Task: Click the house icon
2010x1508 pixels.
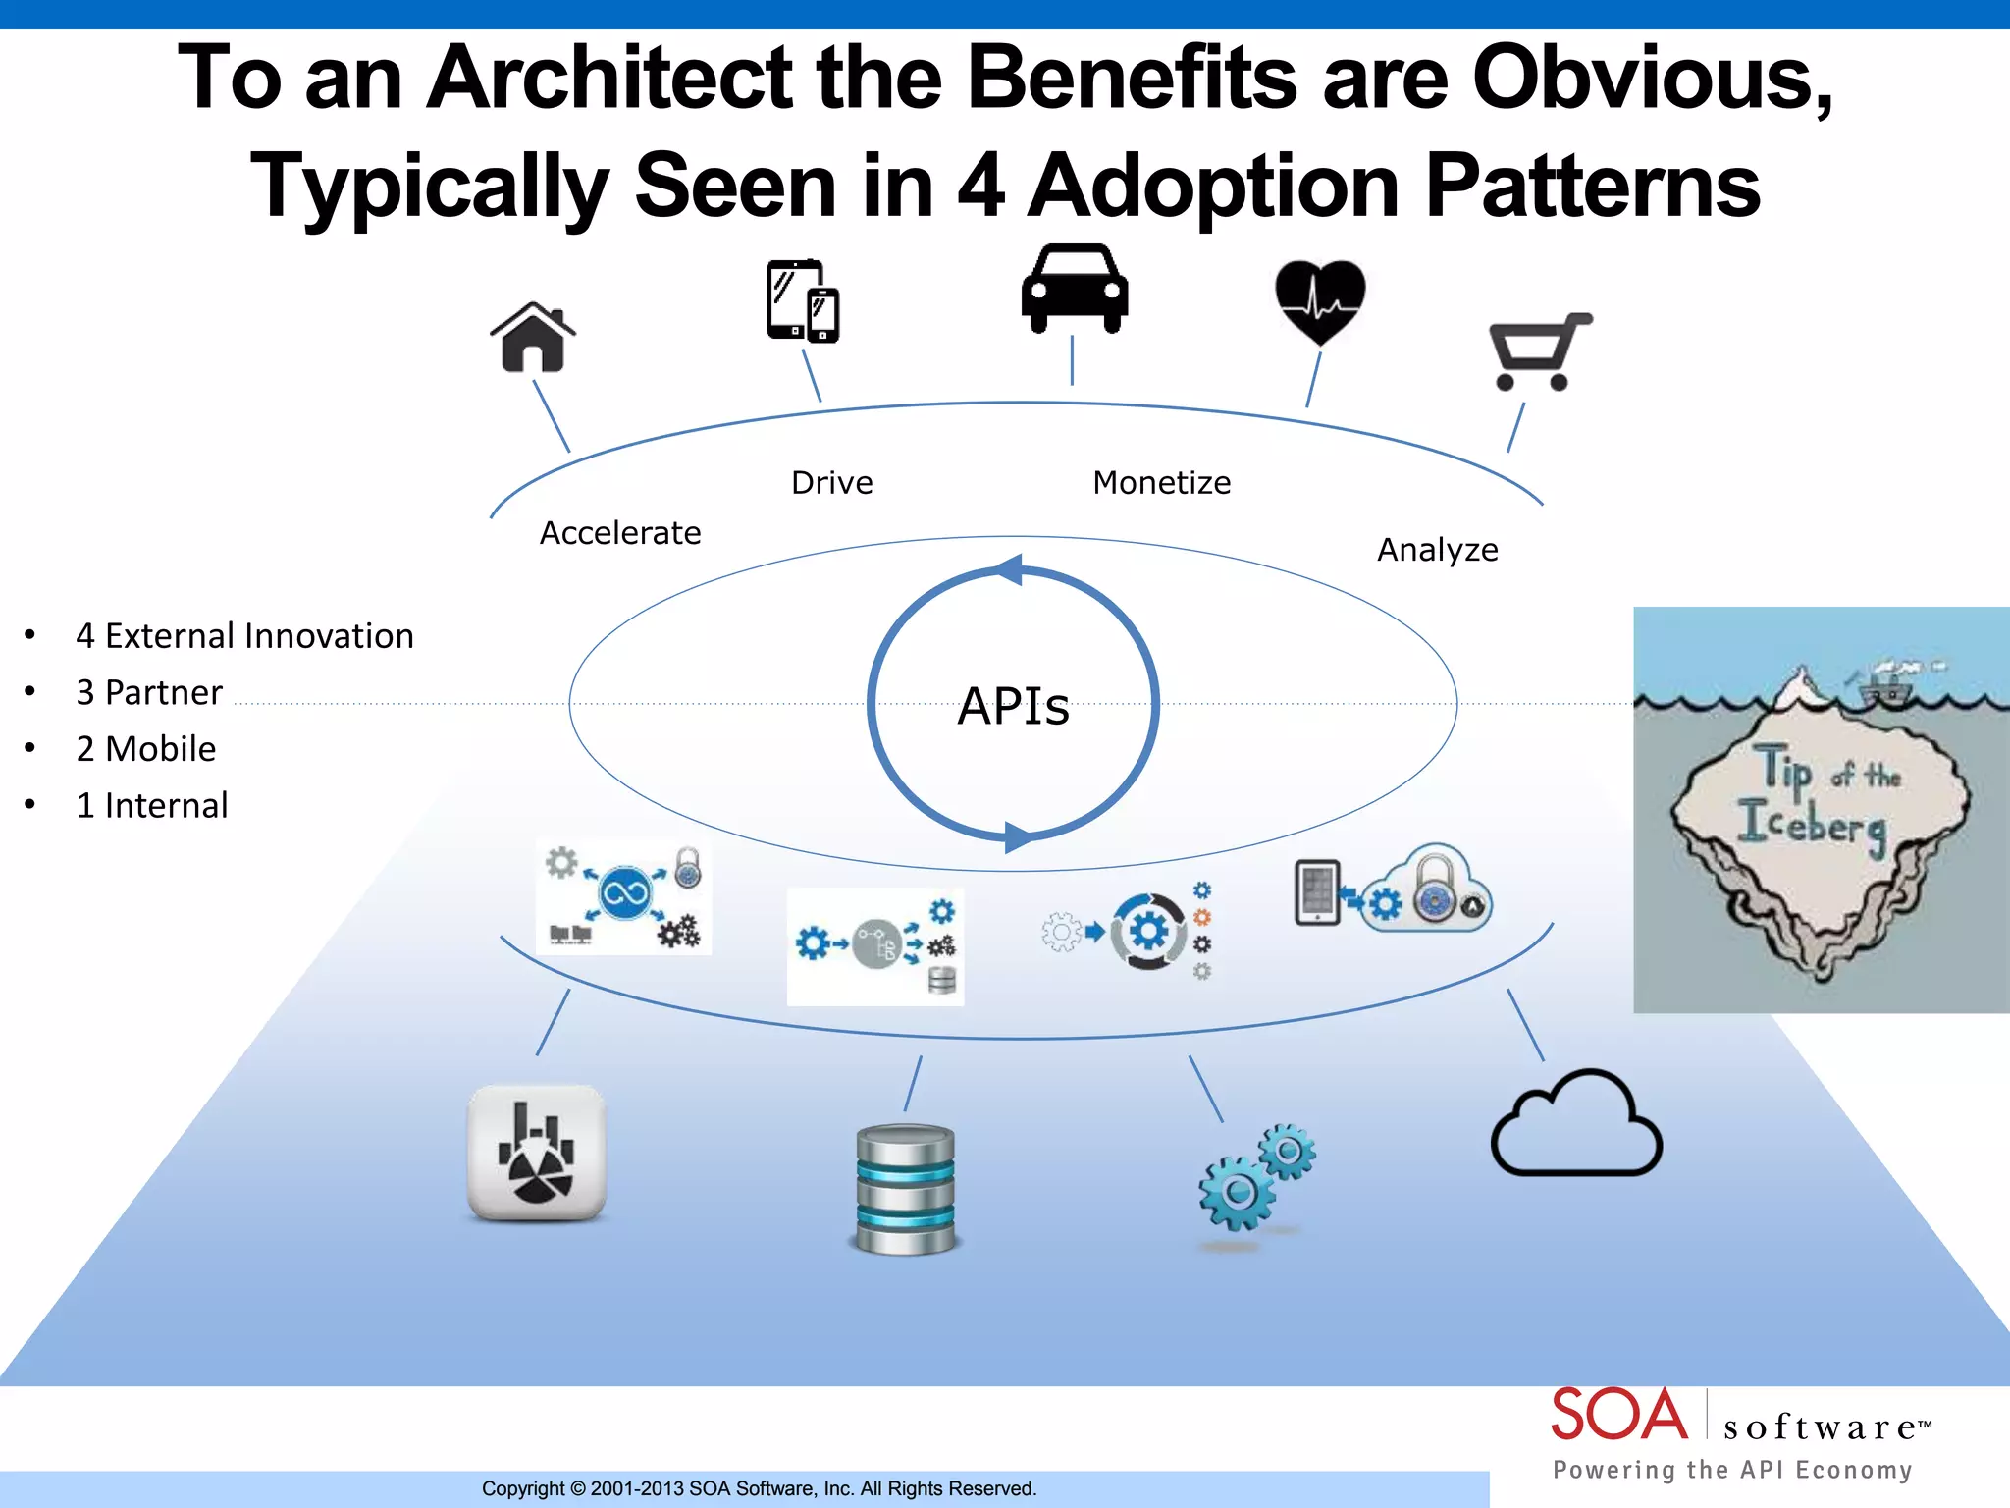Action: click(533, 338)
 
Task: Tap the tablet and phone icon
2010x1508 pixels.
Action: click(802, 301)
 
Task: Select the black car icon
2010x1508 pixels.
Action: click(1074, 290)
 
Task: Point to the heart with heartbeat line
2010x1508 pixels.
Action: click(1320, 300)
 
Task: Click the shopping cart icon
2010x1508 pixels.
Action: click(1538, 352)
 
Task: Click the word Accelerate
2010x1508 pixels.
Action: click(620, 533)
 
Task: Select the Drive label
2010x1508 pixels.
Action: click(831, 483)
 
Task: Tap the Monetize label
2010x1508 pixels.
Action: click(1161, 483)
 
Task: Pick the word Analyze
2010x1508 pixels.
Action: click(1437, 550)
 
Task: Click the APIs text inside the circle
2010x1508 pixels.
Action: click(1013, 706)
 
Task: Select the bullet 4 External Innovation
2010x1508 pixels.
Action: click(244, 636)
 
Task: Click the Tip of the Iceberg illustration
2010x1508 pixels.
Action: click(1821, 810)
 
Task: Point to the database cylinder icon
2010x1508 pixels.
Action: click(905, 1189)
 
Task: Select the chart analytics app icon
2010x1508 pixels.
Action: click(537, 1153)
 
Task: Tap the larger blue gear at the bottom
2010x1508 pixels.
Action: click(1237, 1192)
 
